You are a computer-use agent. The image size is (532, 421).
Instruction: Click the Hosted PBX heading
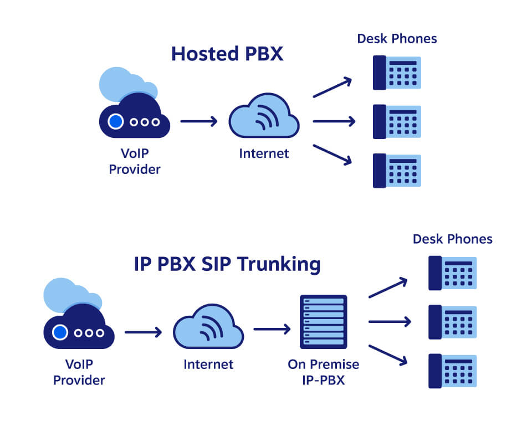click(x=227, y=54)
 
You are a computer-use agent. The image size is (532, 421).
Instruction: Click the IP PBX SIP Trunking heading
click(x=227, y=264)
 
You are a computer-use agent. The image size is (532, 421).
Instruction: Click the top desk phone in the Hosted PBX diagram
click(x=397, y=73)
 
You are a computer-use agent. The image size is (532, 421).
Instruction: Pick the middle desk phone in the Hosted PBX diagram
click(x=397, y=121)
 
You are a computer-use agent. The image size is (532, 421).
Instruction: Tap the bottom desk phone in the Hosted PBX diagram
click(x=397, y=170)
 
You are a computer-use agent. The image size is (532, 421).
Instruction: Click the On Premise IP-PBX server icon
click(x=323, y=322)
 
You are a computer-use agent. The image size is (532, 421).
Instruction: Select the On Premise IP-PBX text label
click(x=323, y=372)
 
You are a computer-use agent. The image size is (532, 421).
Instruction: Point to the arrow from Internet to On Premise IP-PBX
click(x=272, y=330)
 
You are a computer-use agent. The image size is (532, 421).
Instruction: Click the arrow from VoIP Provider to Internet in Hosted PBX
click(x=199, y=121)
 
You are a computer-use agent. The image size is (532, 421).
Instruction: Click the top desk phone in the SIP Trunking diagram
click(x=452, y=273)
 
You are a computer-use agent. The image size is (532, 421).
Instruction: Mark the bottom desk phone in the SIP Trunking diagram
click(x=452, y=371)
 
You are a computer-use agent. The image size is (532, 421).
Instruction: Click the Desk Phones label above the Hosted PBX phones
click(x=397, y=39)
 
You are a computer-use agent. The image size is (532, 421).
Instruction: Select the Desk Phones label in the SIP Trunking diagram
click(x=452, y=239)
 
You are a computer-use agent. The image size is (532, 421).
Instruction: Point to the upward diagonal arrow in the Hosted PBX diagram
click(x=332, y=88)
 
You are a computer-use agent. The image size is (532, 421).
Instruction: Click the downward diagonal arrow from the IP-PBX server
click(x=388, y=355)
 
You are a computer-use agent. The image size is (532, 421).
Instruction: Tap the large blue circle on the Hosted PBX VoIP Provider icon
click(x=115, y=121)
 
